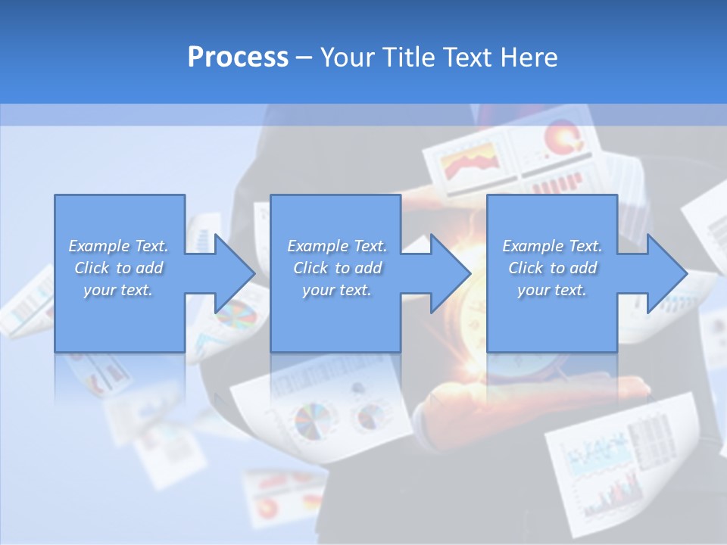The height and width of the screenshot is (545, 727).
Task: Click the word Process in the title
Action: click(238, 57)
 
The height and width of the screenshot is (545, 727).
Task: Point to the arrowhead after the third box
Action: click(666, 273)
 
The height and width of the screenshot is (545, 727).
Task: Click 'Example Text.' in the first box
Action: click(118, 246)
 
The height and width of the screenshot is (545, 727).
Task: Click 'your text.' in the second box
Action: click(336, 290)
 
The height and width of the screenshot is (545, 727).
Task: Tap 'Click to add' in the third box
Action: click(552, 268)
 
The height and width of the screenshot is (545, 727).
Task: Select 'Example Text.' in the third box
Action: click(552, 246)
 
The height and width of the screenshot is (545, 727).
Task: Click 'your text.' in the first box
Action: click(118, 290)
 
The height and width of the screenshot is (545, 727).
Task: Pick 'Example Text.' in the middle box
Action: click(336, 246)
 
